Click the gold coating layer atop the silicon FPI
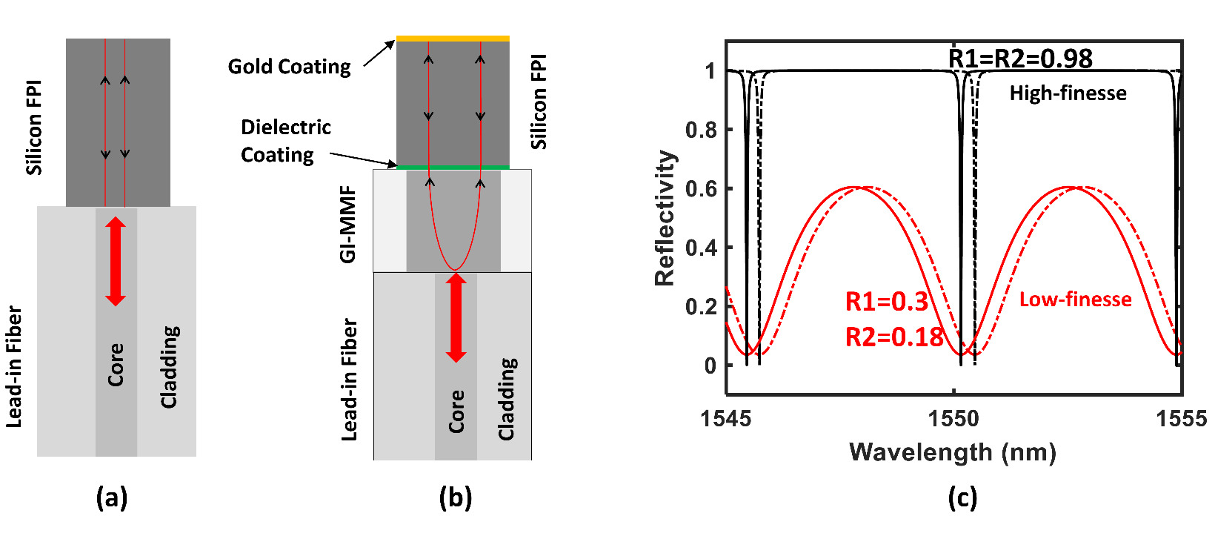[x=453, y=39]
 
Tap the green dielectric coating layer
[x=453, y=168]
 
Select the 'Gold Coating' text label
[x=289, y=67]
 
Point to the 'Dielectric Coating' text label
[x=285, y=141]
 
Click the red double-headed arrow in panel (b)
[x=456, y=317]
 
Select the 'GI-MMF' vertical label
[x=348, y=225]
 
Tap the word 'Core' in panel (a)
[x=116, y=364]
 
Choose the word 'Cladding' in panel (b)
[x=507, y=399]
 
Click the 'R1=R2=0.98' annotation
[x=1020, y=59]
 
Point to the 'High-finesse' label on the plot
[x=1068, y=93]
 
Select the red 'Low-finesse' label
[x=1075, y=300]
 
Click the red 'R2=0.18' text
[x=894, y=337]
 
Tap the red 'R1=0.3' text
[x=887, y=302]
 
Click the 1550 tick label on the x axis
[x=953, y=419]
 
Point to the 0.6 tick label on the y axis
[x=702, y=189]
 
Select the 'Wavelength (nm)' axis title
[x=953, y=452]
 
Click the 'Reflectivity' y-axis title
[x=665, y=218]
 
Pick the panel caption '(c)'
[x=962, y=498]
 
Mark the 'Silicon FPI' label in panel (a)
[x=34, y=128]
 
